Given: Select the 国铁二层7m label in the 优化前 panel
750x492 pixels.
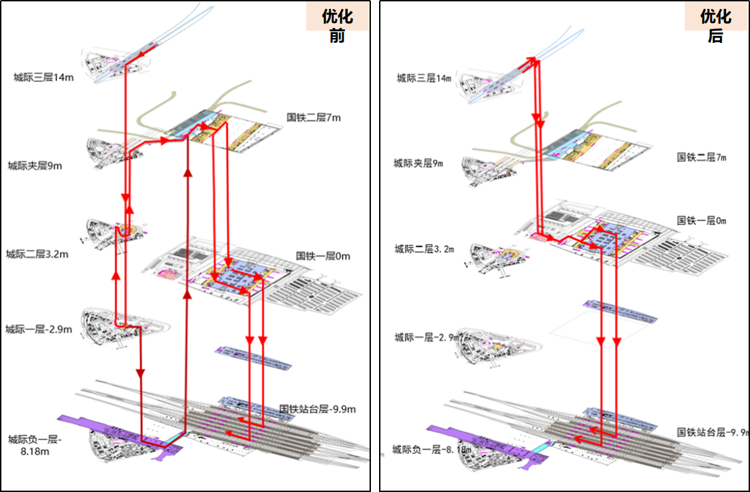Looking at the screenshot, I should coord(314,118).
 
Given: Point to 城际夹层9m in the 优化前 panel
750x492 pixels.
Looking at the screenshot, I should coord(35,165).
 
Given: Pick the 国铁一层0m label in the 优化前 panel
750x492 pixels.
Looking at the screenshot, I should coord(323,257).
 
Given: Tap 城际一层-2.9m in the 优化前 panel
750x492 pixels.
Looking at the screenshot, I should coord(39,329).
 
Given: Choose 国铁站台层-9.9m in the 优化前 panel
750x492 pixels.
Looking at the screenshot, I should coord(318,410).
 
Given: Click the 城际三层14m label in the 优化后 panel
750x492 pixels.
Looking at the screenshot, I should coord(424,78).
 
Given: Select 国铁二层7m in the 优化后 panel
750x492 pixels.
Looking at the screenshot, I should coord(702,157).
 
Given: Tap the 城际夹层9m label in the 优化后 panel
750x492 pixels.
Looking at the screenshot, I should coord(418,163).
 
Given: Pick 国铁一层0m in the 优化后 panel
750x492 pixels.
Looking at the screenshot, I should coord(702,220).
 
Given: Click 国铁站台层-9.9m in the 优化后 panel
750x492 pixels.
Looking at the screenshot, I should coord(712,432).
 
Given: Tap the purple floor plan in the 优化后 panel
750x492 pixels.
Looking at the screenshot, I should coord(476,436).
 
